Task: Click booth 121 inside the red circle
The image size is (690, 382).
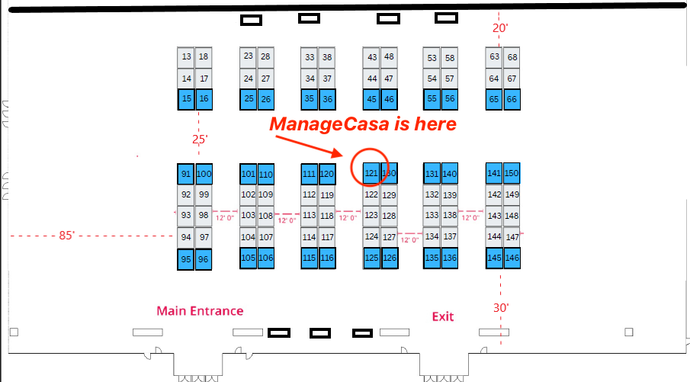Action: pos(371,174)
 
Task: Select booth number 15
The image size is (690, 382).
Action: pos(187,98)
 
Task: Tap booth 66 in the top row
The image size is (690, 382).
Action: pos(512,98)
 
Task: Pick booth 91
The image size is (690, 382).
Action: pos(186,174)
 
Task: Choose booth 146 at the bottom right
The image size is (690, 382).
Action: pos(512,258)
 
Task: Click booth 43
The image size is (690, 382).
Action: pos(372,57)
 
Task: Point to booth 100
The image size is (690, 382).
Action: pos(204,174)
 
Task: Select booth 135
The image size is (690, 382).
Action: pos(432,258)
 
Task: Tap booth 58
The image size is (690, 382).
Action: pos(450,58)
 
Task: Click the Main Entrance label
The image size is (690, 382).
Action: pos(200,311)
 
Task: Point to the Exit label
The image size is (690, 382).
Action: pos(443,316)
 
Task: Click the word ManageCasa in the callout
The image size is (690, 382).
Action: pos(316,124)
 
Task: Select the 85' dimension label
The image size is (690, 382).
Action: pos(67,236)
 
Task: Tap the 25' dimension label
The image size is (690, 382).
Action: pos(200,140)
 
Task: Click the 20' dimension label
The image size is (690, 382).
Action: pos(500,28)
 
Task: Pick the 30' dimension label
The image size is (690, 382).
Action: pos(501,308)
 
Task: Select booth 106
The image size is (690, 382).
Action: pos(266,258)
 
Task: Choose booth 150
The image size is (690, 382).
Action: pos(512,174)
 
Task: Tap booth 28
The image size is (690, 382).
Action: pos(265,56)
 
